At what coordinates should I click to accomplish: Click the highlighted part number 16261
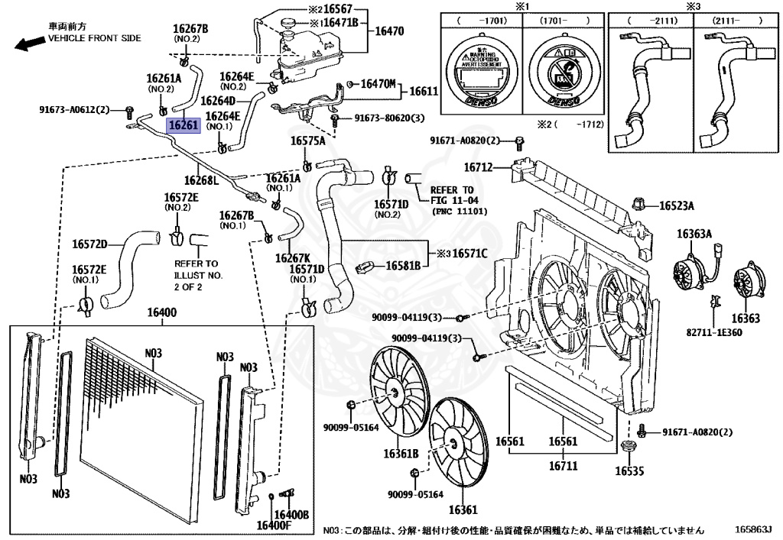(184, 125)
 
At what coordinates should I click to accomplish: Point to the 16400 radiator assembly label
(161, 313)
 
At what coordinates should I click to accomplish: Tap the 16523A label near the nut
(677, 205)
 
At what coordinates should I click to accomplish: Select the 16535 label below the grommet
(630, 470)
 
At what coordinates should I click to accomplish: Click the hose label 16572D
(90, 244)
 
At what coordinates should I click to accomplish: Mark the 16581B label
(403, 266)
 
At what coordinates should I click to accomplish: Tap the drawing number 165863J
(753, 529)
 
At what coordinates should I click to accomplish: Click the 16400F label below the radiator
(273, 525)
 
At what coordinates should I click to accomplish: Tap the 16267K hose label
(293, 258)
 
